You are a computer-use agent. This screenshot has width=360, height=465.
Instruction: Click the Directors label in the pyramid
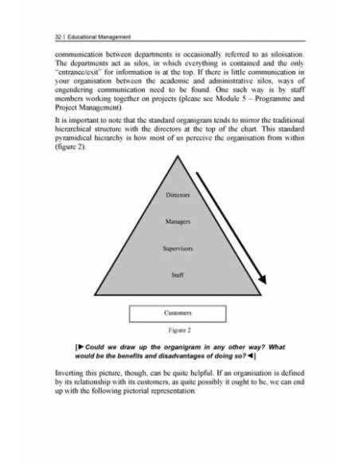coord(178,195)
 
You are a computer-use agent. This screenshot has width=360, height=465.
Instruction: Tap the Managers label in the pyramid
coord(178,221)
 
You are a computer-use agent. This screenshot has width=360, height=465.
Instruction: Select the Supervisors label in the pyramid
coord(178,248)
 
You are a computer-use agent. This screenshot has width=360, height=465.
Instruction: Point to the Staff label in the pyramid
coord(178,275)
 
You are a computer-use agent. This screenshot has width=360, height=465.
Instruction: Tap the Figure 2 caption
coord(178,329)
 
